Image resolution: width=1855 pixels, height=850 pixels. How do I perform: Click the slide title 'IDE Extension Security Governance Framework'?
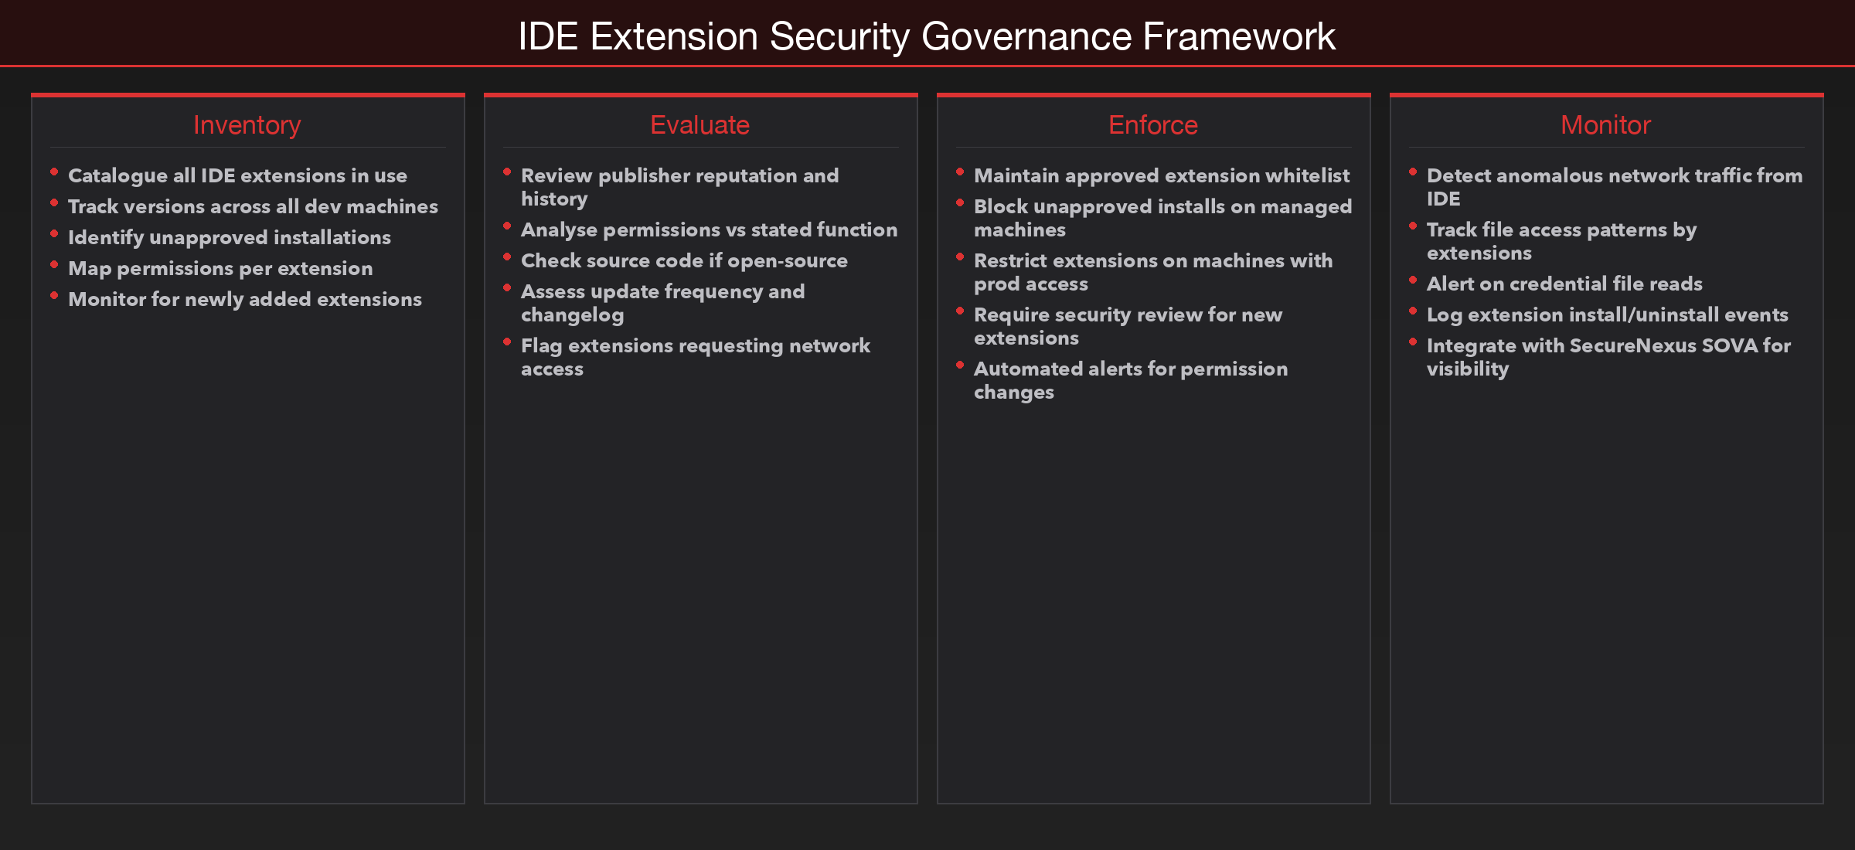pyautogui.click(x=927, y=36)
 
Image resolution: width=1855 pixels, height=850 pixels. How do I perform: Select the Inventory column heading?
pyautogui.click(x=247, y=125)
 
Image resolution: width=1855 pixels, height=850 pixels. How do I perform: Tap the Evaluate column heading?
pyautogui.click(x=699, y=125)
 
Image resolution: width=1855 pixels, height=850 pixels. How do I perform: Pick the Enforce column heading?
pyautogui.click(x=1152, y=125)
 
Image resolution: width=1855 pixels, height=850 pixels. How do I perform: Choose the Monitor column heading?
pyautogui.click(x=1605, y=125)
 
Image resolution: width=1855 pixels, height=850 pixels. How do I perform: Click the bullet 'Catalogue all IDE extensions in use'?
pyautogui.click(x=237, y=176)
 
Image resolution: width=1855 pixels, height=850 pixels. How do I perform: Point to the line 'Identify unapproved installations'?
pyautogui.click(x=230, y=238)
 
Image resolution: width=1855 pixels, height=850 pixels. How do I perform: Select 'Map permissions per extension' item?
pyautogui.click(x=220, y=269)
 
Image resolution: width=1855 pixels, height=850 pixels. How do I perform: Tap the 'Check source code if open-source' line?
pyautogui.click(x=684, y=261)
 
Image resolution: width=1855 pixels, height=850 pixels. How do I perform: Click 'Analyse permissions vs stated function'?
pyautogui.click(x=709, y=230)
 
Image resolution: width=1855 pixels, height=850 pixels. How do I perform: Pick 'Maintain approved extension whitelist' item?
pyautogui.click(x=1161, y=176)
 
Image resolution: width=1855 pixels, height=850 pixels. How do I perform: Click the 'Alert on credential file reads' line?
pyautogui.click(x=1564, y=284)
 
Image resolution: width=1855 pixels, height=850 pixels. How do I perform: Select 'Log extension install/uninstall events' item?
pyautogui.click(x=1607, y=315)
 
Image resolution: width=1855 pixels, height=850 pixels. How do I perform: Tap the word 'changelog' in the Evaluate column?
pyautogui.click(x=572, y=315)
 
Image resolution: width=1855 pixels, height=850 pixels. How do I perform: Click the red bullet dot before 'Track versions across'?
pyautogui.click(x=54, y=203)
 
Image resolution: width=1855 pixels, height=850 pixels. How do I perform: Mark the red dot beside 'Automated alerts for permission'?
pyautogui.click(x=960, y=365)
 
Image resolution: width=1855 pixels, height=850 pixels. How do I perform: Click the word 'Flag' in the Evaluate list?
pyautogui.click(x=541, y=346)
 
